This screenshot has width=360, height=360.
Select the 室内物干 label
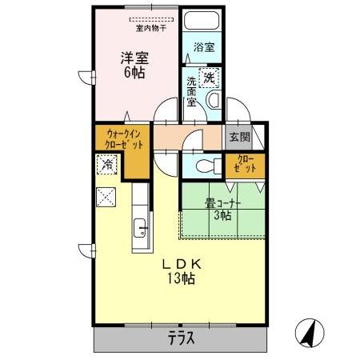pos(151,28)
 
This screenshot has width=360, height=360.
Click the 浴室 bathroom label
pos(204,47)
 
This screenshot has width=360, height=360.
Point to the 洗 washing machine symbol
pos(209,78)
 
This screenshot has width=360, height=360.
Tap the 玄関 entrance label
pos(239,137)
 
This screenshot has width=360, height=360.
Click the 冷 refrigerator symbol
pos(107,165)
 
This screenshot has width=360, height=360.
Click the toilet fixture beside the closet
pos(205,166)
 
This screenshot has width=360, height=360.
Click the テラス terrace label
pos(181,338)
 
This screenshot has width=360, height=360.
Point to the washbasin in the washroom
pos(214,100)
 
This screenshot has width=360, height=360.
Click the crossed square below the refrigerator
pos(107,197)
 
